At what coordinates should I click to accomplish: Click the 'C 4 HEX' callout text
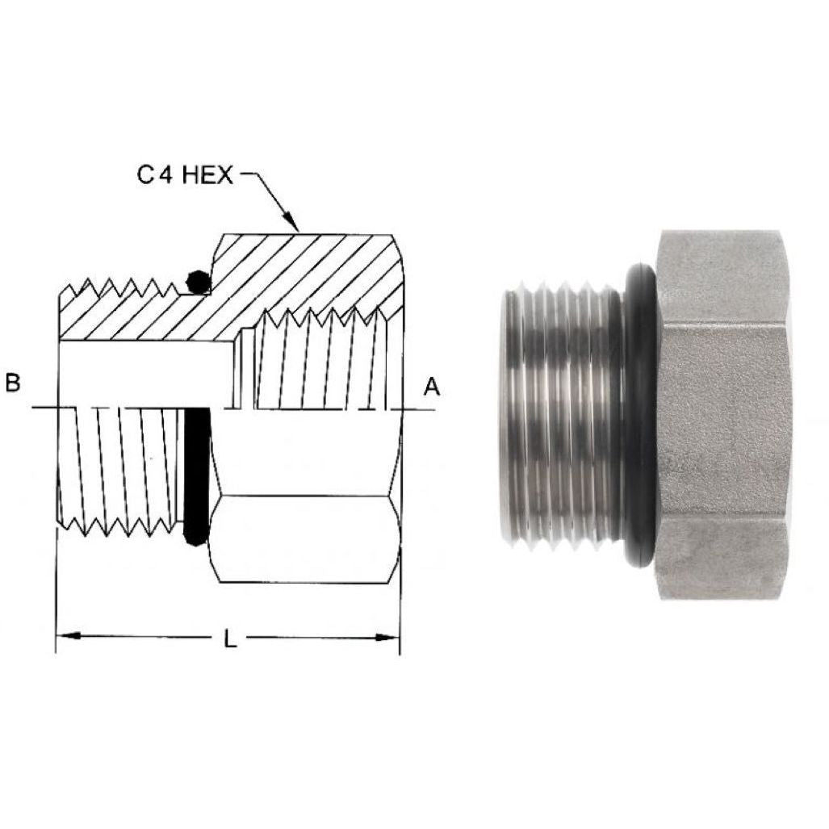[x=184, y=174]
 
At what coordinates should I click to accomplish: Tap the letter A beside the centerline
[x=433, y=387]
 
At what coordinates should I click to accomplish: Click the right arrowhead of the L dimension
[x=391, y=637]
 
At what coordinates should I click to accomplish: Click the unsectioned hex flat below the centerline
[x=305, y=537]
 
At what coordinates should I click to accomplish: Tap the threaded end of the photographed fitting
[x=561, y=416]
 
